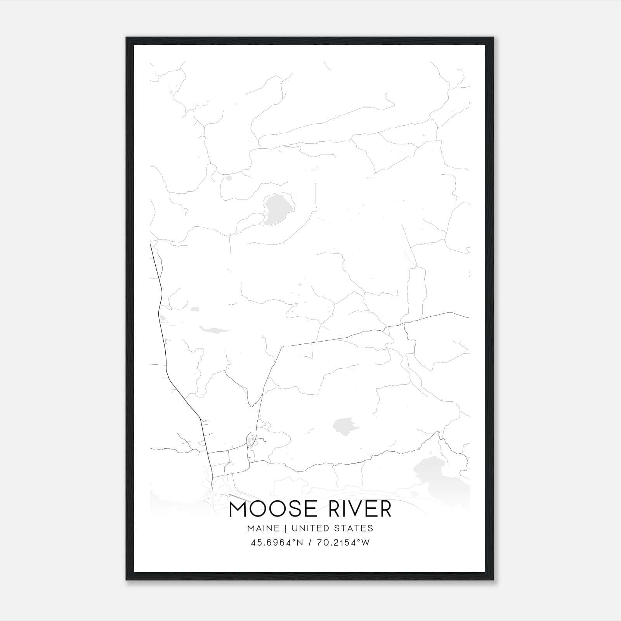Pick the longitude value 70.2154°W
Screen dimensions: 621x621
coord(343,543)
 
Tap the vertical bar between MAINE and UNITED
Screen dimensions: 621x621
coord(285,528)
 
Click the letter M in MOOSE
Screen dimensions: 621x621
coord(239,509)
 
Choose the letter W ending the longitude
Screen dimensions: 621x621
coord(366,543)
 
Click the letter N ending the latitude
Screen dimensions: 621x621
coord(300,543)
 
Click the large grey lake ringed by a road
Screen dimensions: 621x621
coord(278,209)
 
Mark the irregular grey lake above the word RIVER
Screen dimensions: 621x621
coord(343,425)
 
